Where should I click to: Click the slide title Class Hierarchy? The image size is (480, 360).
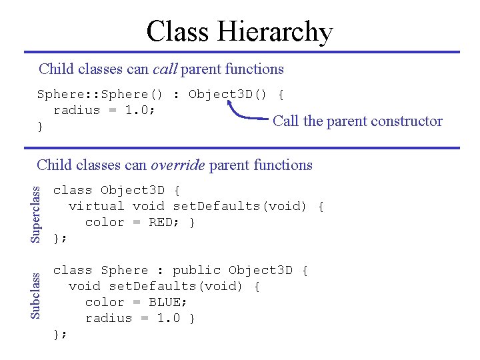point(239,31)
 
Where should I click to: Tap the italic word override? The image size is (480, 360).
point(178,165)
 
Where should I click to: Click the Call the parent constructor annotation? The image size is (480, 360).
point(357,121)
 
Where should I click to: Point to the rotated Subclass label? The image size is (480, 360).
point(38,293)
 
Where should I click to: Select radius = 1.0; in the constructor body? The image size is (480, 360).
point(105,110)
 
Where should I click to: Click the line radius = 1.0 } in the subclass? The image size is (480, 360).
point(140,318)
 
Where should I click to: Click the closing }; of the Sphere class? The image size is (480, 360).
point(60,334)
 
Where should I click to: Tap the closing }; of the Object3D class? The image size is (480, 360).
point(60,238)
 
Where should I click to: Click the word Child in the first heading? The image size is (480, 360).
point(55,69)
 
